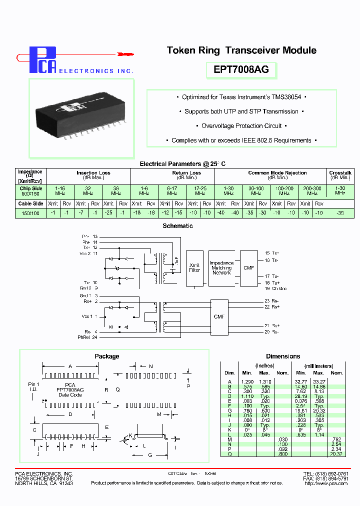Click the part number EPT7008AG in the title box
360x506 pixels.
(x=241, y=70)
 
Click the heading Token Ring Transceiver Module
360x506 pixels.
(x=241, y=50)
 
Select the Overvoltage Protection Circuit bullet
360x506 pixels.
(x=241, y=126)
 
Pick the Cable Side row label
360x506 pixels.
(x=30, y=204)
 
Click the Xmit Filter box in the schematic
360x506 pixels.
(x=194, y=267)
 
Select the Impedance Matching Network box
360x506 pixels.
(x=221, y=267)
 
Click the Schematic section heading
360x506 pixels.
(x=177, y=226)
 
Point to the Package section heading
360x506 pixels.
(x=107, y=356)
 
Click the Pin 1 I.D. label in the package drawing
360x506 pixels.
(x=33, y=386)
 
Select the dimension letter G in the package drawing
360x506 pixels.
(x=150, y=455)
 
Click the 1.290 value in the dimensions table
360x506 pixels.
(x=247, y=381)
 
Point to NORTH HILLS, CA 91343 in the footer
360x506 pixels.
(x=44, y=483)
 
